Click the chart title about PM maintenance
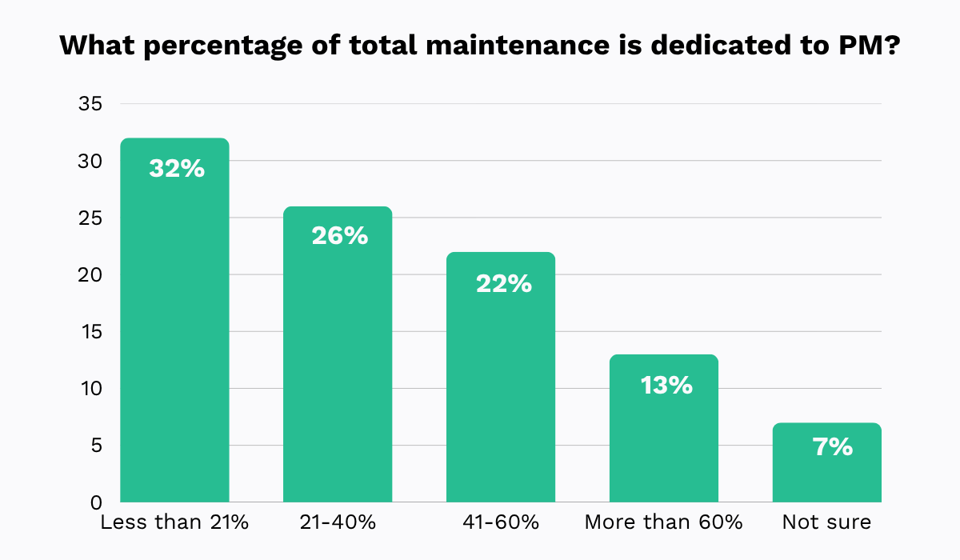(x=480, y=46)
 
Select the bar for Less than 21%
(x=174, y=336)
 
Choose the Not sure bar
(x=827, y=472)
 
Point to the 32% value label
(x=177, y=169)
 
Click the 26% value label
(x=340, y=236)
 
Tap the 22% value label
(x=503, y=283)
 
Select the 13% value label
(x=666, y=385)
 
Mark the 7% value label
(x=832, y=446)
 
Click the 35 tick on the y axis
(x=90, y=104)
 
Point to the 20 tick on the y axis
(x=90, y=274)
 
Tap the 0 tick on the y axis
(x=95, y=502)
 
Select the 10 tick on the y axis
(x=90, y=389)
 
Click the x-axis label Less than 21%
(x=174, y=523)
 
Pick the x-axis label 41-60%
(x=501, y=523)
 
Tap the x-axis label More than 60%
(x=664, y=523)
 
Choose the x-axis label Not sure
(x=826, y=523)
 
